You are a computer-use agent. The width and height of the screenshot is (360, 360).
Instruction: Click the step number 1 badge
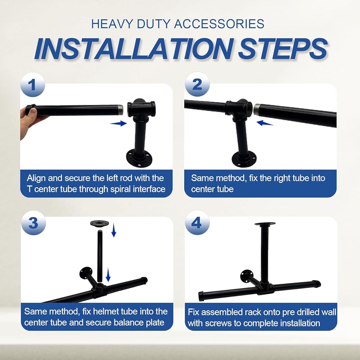(x=33, y=85)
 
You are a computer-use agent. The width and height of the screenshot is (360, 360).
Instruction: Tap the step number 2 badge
(x=197, y=84)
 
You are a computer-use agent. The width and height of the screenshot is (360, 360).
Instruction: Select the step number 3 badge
(x=33, y=223)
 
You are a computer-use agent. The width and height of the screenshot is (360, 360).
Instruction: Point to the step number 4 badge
(x=197, y=222)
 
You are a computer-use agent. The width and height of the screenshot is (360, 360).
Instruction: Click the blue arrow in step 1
(x=118, y=123)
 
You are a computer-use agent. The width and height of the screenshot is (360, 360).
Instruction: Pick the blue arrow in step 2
(x=265, y=123)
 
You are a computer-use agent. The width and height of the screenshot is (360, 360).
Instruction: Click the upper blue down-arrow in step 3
(x=114, y=230)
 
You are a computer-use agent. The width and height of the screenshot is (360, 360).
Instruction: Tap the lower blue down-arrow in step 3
(x=108, y=275)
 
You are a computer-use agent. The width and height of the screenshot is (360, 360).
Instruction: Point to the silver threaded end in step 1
(x=120, y=110)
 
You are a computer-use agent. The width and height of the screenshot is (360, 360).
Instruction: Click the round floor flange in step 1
(x=139, y=158)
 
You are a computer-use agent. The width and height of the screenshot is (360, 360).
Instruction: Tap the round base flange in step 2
(x=244, y=159)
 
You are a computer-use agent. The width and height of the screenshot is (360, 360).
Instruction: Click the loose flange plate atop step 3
(x=99, y=223)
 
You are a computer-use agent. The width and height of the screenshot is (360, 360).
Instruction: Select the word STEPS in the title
(x=283, y=49)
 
